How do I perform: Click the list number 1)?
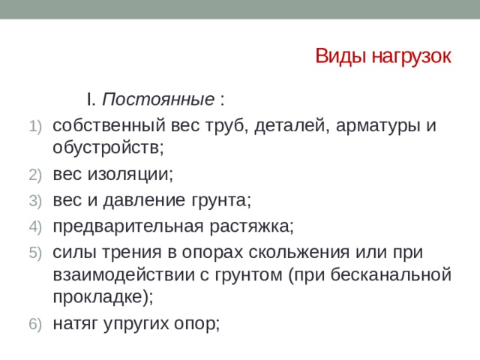coord(37,124)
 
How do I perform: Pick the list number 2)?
coord(37,176)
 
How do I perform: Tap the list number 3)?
coord(37,201)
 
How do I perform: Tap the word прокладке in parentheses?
coord(98,296)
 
